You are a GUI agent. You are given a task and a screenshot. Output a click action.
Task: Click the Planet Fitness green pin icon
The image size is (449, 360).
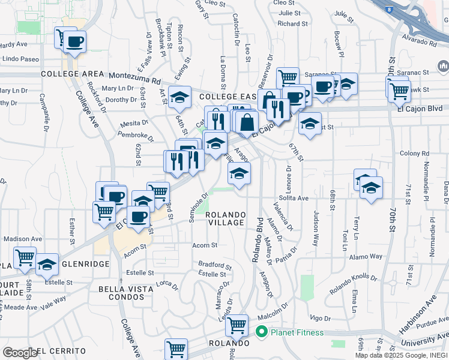261,332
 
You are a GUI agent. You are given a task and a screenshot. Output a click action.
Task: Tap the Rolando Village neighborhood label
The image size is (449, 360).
225,218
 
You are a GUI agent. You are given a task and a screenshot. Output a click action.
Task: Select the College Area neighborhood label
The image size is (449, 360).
73,74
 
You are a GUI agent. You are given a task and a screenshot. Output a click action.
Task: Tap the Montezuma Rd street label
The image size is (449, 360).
135,76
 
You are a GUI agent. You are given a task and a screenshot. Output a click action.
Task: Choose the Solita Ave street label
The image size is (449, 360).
294,198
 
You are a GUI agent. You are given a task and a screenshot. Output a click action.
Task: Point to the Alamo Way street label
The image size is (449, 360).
368,256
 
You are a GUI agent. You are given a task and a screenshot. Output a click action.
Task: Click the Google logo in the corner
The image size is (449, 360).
19,352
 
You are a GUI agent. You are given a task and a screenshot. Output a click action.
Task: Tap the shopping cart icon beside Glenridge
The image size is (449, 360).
25,258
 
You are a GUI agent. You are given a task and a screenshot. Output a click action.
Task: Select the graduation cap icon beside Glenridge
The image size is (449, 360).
47,264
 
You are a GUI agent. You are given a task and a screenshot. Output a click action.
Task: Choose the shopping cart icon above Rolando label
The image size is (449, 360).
237,325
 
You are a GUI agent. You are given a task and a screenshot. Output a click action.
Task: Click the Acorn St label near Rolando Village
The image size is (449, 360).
205,245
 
